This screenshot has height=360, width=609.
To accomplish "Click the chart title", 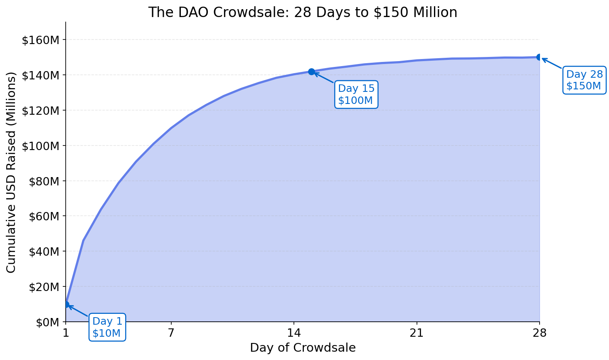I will click(303, 12).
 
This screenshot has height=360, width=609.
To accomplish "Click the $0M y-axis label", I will click(46, 322).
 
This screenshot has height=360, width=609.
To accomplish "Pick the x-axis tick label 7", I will click(171, 333).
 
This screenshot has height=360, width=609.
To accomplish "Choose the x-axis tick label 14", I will click(294, 333).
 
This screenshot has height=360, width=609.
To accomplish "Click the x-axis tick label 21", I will click(417, 333).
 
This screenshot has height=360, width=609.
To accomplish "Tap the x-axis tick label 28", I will click(540, 333).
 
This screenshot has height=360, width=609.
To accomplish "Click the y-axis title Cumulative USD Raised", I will click(11, 172).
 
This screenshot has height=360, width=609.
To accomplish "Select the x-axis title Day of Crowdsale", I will click(303, 348).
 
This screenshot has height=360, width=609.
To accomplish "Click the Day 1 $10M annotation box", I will click(107, 327).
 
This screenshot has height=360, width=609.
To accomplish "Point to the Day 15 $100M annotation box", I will click(356, 94).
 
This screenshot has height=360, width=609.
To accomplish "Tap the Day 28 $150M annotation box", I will click(584, 80).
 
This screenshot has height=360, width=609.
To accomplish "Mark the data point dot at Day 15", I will click(311, 72).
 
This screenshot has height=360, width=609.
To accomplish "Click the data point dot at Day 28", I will click(540, 57).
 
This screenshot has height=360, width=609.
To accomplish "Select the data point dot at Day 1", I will click(66, 304).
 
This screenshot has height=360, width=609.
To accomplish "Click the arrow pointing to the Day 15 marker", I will click(324, 78).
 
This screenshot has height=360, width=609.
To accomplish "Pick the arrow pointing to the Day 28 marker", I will click(552, 63).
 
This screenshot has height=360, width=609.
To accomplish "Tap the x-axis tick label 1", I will click(66, 333).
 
